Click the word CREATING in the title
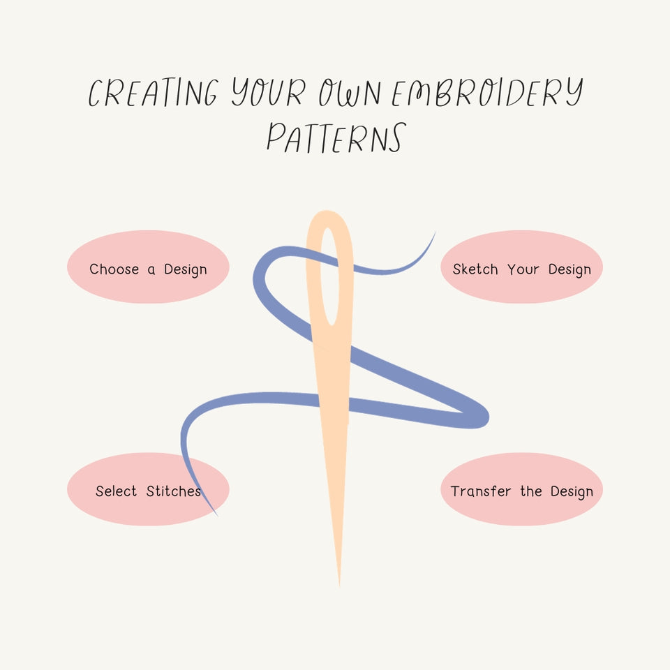(153, 93)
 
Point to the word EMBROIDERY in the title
(486, 93)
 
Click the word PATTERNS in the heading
(335, 137)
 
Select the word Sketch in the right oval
(475, 269)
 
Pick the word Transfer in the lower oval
(480, 491)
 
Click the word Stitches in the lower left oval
(174, 491)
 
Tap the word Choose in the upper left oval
(114, 269)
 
